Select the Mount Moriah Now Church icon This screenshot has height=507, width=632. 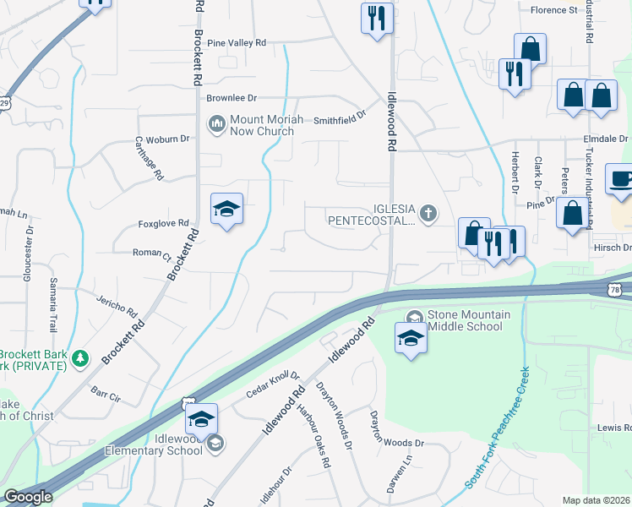coord(216,125)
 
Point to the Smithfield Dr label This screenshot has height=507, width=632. coord(340,120)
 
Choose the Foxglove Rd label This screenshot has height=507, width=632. coord(161,225)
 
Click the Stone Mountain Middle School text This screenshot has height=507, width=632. coord(470,321)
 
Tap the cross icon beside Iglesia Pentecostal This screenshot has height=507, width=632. coord(429,213)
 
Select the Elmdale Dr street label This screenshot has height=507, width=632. coord(605,139)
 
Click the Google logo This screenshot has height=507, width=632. coord(28,497)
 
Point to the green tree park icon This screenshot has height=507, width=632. coord(80,359)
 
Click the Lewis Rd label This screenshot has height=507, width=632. coord(614,428)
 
